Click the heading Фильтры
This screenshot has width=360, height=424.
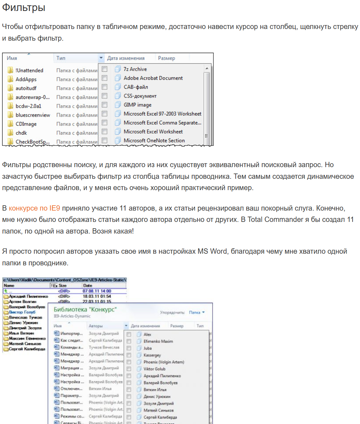[24, 8]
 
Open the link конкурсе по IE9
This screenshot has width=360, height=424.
[34, 208]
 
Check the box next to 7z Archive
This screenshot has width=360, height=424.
[105, 69]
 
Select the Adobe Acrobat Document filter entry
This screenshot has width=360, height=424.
[153, 78]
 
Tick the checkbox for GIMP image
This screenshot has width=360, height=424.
[105, 105]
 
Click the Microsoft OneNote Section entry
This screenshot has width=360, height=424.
[154, 141]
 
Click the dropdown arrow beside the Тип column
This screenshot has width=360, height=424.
[101, 58]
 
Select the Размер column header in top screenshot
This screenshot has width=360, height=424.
[166, 58]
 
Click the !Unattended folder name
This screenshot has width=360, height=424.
[29, 71]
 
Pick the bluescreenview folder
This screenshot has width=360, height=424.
[33, 115]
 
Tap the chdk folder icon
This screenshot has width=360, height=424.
[10, 133]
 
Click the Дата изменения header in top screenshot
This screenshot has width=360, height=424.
[126, 58]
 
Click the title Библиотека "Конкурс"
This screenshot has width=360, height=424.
[85, 310]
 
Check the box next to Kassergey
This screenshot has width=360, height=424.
[129, 355]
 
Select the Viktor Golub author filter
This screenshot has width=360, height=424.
[154, 369]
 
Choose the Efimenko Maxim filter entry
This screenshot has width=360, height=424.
[158, 341]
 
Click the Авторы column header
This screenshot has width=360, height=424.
[96, 326]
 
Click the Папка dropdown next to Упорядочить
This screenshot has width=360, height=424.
[196, 312]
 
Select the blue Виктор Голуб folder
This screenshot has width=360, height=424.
[22, 312]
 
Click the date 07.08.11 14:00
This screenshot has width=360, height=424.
[97, 291]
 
